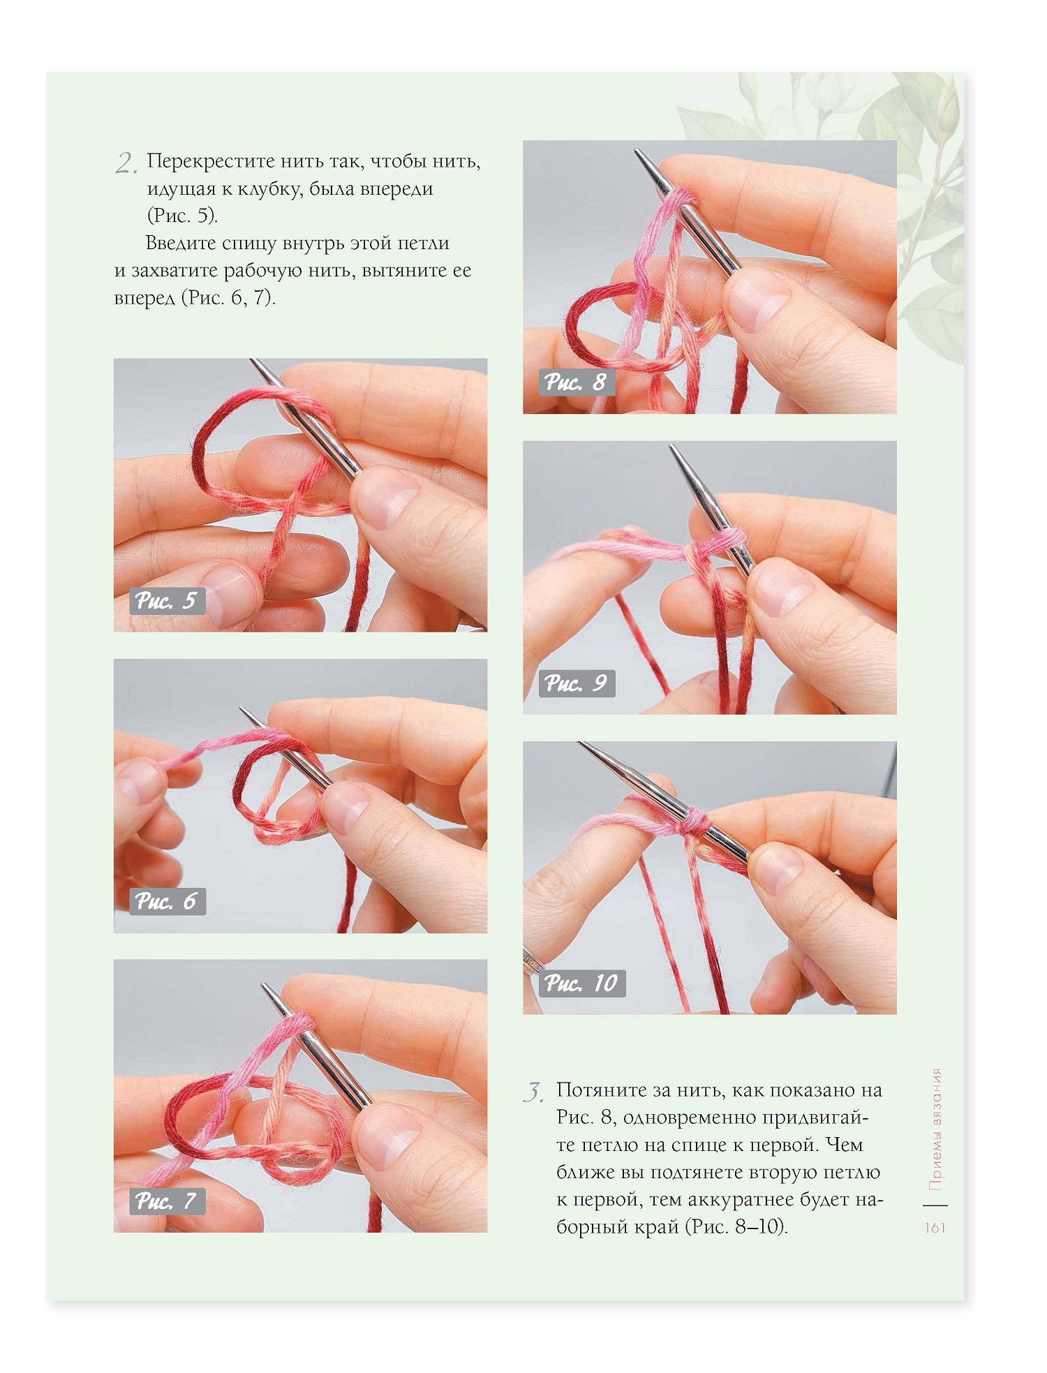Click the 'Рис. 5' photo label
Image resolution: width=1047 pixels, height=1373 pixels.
point(167,601)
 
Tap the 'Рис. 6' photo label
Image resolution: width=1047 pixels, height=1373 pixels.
point(167,902)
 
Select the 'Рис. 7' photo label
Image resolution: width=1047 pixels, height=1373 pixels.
point(167,1201)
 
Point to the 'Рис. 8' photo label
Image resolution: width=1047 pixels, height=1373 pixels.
point(577,383)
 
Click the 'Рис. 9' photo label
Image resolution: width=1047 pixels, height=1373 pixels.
point(577,683)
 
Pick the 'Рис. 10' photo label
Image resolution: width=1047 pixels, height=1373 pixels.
point(582,984)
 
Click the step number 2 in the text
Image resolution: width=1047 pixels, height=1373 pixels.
point(126,164)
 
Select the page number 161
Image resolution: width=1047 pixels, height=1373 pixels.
point(935,1227)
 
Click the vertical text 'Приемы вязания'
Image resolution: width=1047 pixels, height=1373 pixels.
point(936,1129)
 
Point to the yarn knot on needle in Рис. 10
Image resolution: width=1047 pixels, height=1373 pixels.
point(695,822)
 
